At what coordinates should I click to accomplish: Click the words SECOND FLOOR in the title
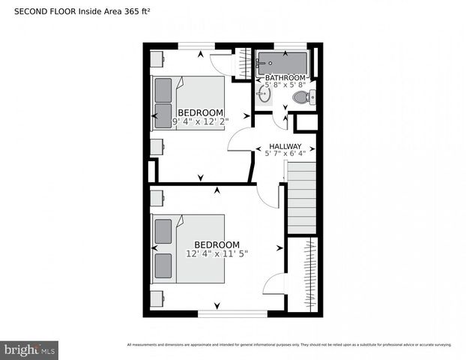click(x=37, y=10)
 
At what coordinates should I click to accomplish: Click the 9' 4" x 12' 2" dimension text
click(x=201, y=121)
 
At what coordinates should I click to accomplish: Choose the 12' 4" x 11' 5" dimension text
click(x=217, y=253)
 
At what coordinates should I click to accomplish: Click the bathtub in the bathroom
click(x=282, y=61)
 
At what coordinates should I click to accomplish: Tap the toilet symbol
click(x=303, y=97)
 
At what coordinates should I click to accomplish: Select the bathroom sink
click(x=264, y=94)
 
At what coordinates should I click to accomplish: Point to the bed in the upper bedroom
click(x=188, y=103)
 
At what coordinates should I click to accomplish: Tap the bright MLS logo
click(x=30, y=349)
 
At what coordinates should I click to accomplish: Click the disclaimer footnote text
click(x=289, y=345)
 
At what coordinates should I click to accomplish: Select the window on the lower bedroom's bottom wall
click(x=232, y=313)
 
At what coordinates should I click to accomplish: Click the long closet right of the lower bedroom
click(x=303, y=273)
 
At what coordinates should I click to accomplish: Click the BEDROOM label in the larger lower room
click(x=217, y=244)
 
